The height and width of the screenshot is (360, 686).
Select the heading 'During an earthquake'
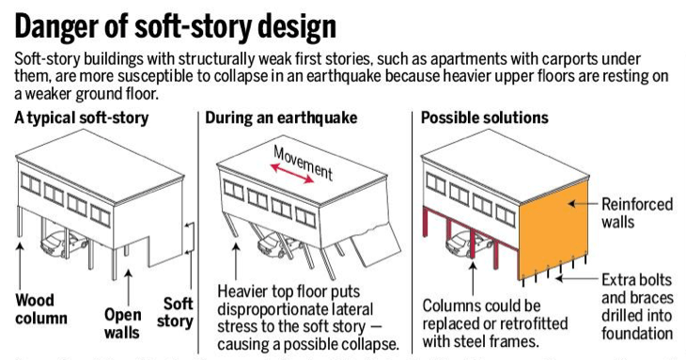click(280, 118)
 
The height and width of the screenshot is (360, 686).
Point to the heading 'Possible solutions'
click(485, 118)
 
